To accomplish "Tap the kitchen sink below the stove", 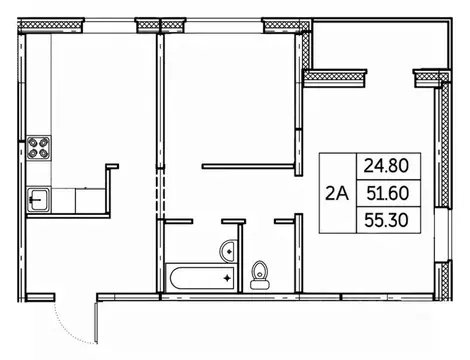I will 41,198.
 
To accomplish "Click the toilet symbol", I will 260,271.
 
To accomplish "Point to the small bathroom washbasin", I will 229,249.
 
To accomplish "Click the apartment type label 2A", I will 337,193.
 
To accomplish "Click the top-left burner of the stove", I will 35,142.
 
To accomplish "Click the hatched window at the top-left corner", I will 39,22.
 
